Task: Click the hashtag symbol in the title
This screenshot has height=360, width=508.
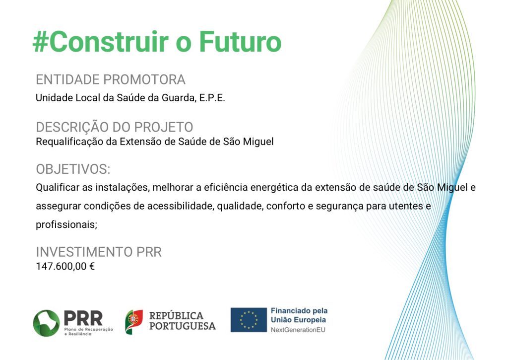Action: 40,42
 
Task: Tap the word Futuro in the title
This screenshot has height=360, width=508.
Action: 240,42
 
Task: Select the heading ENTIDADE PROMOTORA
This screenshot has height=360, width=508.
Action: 111,79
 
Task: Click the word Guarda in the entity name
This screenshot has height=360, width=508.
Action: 179,98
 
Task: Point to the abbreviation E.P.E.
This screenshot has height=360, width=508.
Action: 212,98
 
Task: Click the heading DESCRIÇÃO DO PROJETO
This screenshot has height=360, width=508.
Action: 115,127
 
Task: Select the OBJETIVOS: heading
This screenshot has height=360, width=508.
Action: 73,169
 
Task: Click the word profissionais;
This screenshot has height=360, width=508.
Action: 66,224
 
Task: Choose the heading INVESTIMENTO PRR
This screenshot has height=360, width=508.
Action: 99,252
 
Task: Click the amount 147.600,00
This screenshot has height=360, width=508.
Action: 61,266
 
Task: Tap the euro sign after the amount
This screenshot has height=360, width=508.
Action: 92,266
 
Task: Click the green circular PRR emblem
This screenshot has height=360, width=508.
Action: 46,323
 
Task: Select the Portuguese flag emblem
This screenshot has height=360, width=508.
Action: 134,322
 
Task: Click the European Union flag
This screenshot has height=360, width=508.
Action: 249,320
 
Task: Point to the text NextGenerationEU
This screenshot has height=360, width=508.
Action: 298,330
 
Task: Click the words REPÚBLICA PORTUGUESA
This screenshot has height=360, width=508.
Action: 183,321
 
